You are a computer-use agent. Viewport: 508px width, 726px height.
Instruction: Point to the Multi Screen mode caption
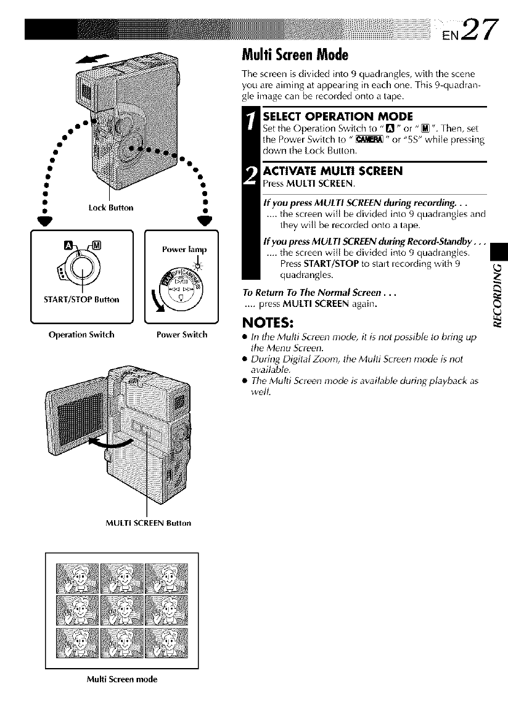click(121, 679)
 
